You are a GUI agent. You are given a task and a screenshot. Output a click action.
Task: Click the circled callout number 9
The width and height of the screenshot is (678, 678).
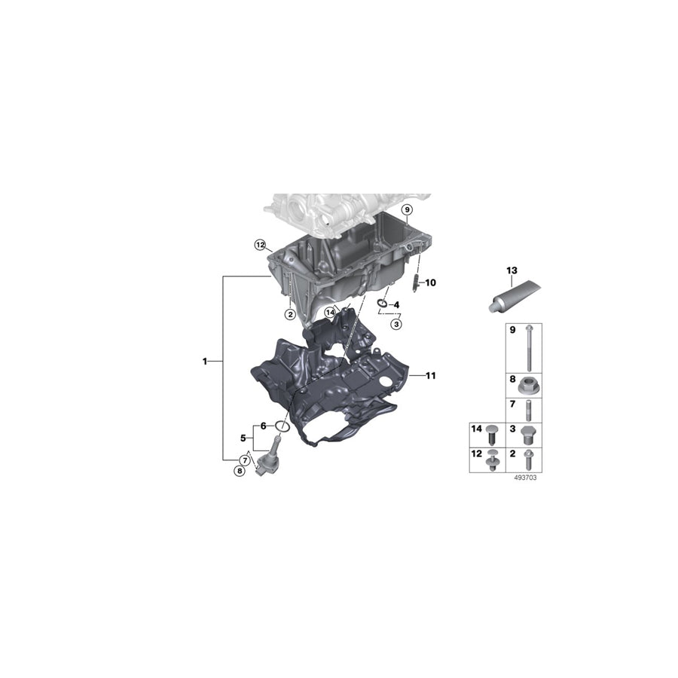(x=406, y=209)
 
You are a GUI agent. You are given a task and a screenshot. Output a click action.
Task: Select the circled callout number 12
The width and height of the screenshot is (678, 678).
(x=260, y=245)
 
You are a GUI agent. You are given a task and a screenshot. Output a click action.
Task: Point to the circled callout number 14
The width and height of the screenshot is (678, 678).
(x=330, y=312)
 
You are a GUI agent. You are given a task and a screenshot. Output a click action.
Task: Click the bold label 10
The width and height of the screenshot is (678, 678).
(x=430, y=283)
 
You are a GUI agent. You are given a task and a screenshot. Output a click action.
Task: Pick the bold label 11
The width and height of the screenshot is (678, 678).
(x=430, y=374)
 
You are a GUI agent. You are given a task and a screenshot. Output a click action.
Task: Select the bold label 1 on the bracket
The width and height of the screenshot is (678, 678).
(x=204, y=362)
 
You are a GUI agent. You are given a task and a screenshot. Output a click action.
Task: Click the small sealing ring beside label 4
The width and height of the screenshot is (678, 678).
(x=382, y=304)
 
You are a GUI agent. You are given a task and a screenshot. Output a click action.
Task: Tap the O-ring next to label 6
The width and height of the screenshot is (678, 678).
(x=281, y=426)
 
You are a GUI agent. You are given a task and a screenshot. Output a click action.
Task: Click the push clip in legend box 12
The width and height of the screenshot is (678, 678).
(x=492, y=460)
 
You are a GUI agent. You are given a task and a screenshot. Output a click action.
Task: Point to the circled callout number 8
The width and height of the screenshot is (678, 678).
(x=240, y=472)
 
